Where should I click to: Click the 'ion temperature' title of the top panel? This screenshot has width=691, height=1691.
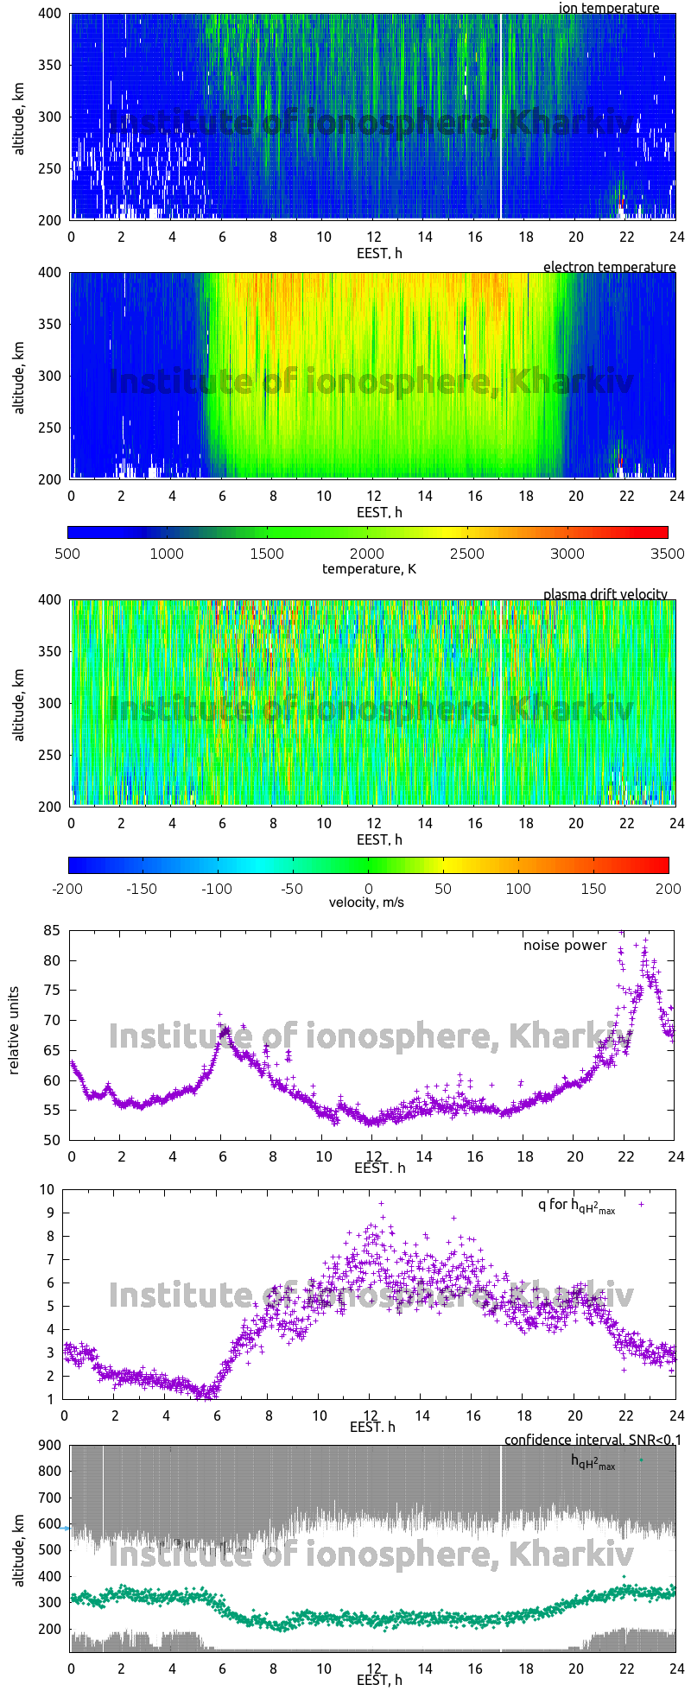click(608, 9)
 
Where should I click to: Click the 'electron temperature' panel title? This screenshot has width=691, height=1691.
click(609, 267)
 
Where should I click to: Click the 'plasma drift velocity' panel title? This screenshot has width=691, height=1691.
click(605, 594)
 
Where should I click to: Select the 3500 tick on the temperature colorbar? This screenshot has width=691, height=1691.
click(667, 554)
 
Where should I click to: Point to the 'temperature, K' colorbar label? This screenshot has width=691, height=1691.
click(369, 568)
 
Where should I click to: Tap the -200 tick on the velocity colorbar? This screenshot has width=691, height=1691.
click(68, 888)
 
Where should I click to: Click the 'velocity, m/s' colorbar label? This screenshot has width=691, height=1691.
click(366, 902)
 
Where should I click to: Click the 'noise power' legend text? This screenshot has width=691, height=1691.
click(565, 946)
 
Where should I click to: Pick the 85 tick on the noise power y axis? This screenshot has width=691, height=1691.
click(53, 931)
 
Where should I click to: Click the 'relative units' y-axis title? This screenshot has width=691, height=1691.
click(15, 1035)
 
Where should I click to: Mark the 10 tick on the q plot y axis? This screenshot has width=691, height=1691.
click(47, 1190)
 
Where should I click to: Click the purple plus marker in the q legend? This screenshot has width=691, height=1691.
click(641, 1203)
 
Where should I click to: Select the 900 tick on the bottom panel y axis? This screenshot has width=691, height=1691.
click(49, 1446)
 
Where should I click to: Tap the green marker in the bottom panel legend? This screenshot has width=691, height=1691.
click(641, 1460)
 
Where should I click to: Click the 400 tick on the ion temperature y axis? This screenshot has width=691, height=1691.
click(49, 14)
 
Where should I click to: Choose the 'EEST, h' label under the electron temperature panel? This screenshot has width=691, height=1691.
click(379, 512)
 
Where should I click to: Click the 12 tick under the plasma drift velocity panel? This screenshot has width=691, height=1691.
click(374, 824)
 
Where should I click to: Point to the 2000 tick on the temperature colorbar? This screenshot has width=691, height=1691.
click(366, 554)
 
